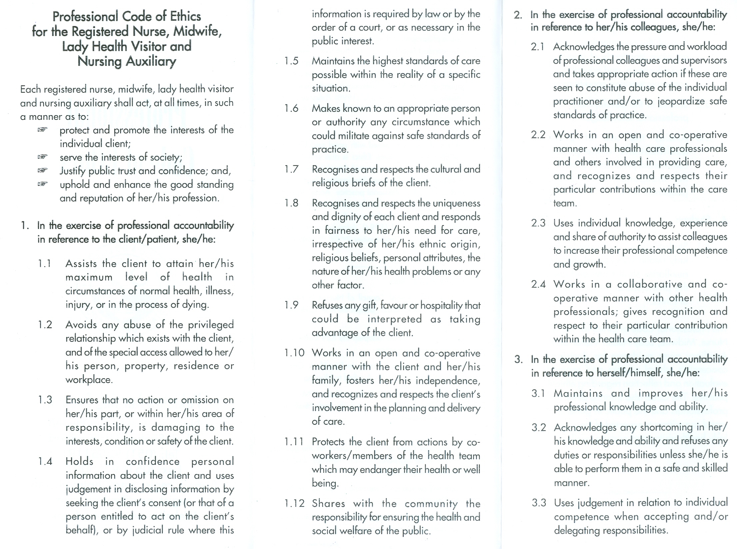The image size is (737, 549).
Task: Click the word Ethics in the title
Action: pos(185,16)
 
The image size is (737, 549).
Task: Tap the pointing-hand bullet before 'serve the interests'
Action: pos(42,156)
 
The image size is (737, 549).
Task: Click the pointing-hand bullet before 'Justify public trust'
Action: pos(42,170)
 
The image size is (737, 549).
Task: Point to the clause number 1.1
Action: pos(44,264)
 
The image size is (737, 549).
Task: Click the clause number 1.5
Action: pos(291,61)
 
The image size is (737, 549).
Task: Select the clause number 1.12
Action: pos(294,503)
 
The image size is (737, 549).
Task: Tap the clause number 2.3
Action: pos(538,223)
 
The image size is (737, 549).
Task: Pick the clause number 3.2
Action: pos(539,427)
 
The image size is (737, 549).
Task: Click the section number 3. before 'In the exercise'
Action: pos(518,359)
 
